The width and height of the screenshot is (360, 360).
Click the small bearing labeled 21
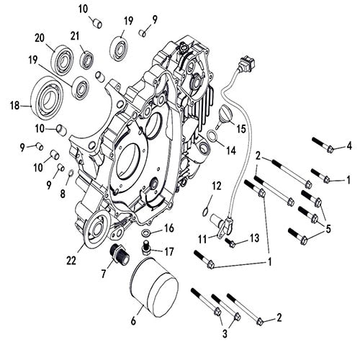point(87,59)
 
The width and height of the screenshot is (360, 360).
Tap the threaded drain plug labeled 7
point(116,255)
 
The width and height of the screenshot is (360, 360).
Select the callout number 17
point(170,251)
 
